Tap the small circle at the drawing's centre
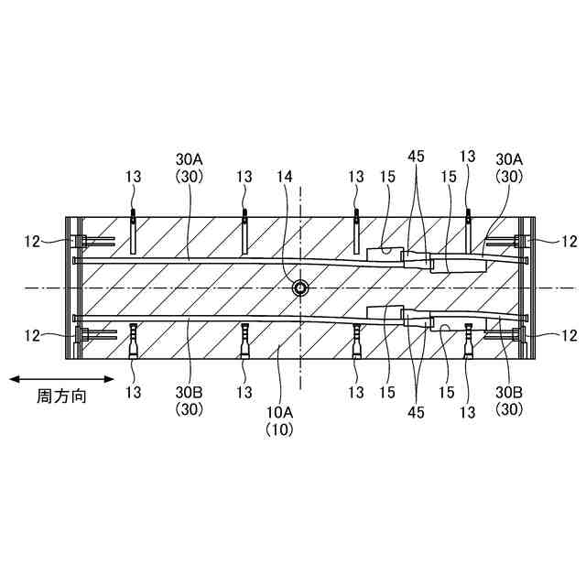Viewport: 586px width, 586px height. click(x=300, y=288)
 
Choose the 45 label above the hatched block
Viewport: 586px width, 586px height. click(x=418, y=157)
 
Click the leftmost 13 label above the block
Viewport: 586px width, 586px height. click(x=134, y=176)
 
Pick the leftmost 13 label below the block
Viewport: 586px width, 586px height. click(x=134, y=393)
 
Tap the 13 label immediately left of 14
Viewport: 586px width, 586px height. click(x=244, y=176)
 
